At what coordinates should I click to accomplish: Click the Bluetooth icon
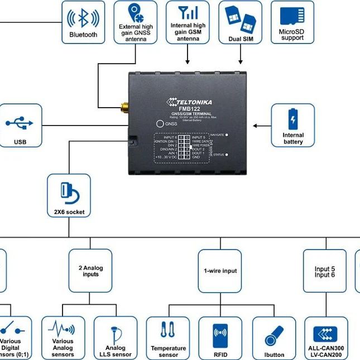[83, 18]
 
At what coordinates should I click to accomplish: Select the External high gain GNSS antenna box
[136, 22]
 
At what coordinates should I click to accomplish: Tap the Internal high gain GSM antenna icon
[188, 13]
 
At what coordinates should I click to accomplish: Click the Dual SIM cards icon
[241, 18]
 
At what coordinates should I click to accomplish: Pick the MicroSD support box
[292, 22]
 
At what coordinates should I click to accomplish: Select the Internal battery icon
[292, 119]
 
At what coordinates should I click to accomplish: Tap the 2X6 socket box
[69, 195]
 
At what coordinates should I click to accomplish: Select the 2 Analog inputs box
[90, 271]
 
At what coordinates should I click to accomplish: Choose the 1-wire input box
[220, 271]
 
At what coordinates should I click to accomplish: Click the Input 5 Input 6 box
[325, 271]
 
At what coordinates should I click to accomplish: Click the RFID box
[220, 338]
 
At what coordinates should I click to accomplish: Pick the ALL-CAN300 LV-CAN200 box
[326, 338]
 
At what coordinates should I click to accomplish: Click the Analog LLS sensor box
[116, 338]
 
